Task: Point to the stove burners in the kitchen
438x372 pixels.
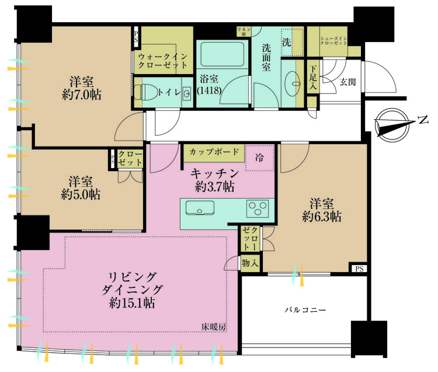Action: tap(258, 207)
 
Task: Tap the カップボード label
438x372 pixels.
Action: tap(214, 152)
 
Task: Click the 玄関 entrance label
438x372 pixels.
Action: tap(348, 82)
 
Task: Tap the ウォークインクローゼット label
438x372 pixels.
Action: tap(163, 61)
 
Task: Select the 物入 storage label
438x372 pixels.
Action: tap(250, 263)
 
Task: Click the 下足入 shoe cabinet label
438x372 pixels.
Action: tap(314, 75)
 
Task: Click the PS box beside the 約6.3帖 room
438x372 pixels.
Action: tap(358, 269)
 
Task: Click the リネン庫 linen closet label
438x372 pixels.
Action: tap(243, 31)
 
